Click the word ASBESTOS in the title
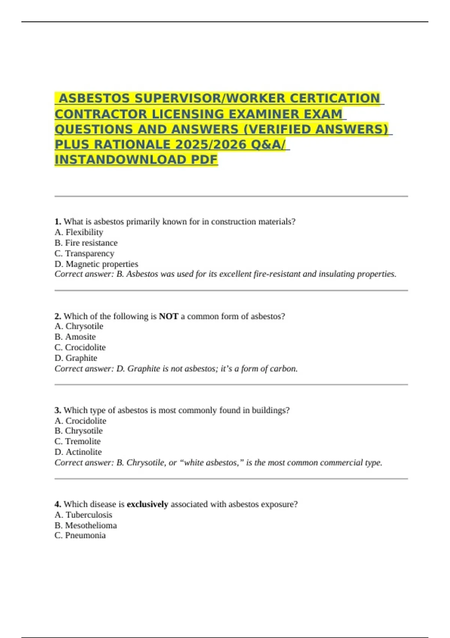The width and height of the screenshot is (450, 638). click(x=94, y=98)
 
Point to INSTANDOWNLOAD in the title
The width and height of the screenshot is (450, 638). click(x=121, y=160)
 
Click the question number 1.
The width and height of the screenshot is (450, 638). click(x=58, y=222)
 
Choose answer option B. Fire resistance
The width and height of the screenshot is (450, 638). click(x=86, y=243)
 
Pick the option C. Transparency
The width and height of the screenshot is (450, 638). click(x=84, y=253)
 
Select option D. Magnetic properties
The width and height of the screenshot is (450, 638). click(x=96, y=264)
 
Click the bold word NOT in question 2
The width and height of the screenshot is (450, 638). click(x=168, y=316)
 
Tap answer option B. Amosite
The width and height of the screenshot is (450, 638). click(x=75, y=337)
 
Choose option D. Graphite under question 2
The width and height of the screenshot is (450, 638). click(x=76, y=358)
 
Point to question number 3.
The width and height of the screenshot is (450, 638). click(x=58, y=410)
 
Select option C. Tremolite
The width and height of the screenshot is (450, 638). click(x=78, y=441)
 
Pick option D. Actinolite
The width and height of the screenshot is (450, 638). click(x=78, y=452)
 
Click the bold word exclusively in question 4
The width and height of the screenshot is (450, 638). click(x=147, y=504)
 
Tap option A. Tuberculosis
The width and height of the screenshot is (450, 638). click(x=83, y=515)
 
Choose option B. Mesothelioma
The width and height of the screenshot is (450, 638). click(x=85, y=525)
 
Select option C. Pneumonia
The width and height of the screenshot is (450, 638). click(x=80, y=535)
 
